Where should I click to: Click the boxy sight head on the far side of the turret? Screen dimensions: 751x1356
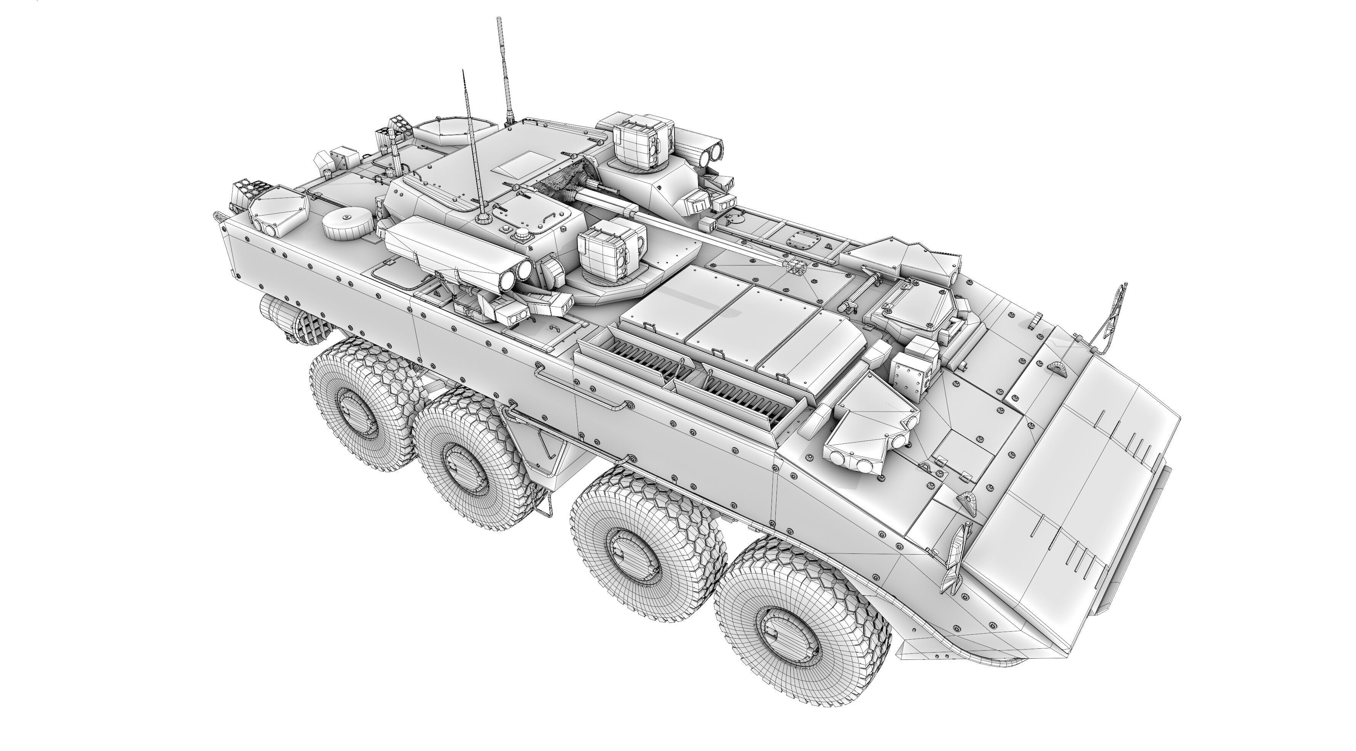[643, 141]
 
